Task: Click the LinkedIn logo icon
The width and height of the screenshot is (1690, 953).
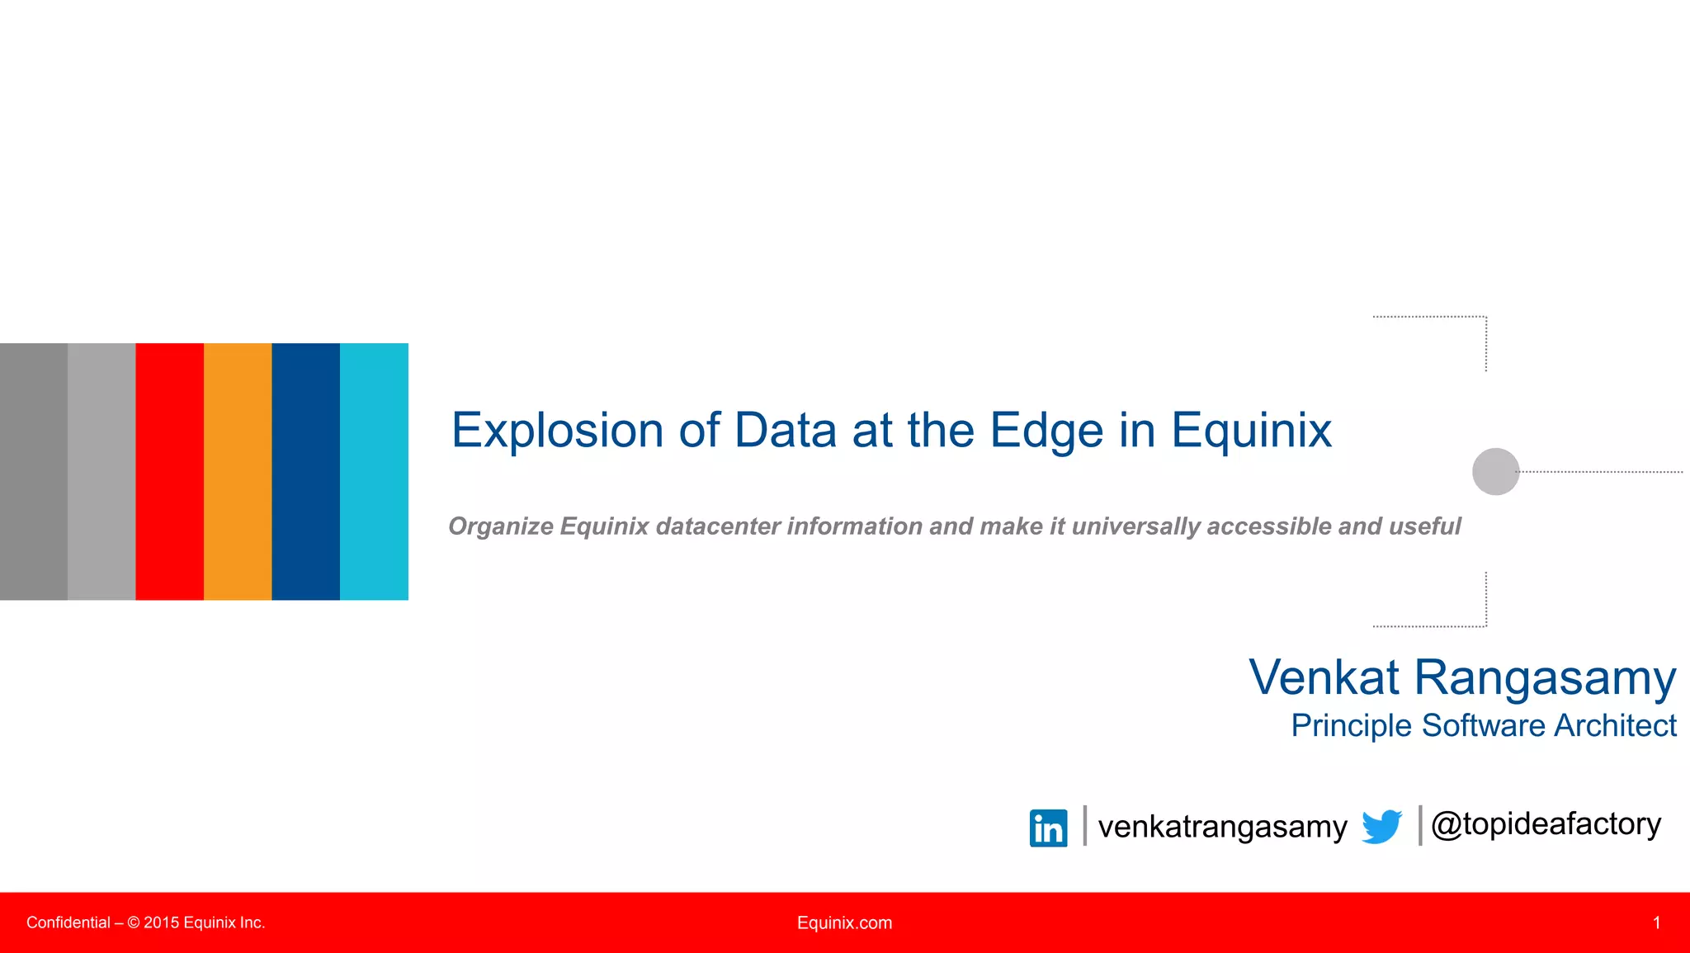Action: coord(1048,828)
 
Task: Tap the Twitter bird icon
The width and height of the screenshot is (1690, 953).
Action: coord(1381,827)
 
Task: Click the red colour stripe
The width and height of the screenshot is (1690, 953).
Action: coord(169,471)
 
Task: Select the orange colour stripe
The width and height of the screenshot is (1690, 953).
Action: coord(238,471)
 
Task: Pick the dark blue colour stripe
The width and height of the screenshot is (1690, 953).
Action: coord(305,471)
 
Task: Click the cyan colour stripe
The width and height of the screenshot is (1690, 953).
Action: coord(374,471)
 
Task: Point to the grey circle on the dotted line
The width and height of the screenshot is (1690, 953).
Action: coord(1495,471)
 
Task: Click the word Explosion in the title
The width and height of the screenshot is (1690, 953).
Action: coord(557,431)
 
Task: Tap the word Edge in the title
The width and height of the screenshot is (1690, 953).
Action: coord(1046,431)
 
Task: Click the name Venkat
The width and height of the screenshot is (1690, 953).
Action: coord(1323,677)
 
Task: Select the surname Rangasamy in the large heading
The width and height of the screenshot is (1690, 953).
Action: coord(1545,679)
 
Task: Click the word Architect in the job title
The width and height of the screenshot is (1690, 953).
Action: coord(1615,725)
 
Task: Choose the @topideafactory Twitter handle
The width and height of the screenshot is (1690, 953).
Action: coord(1546,824)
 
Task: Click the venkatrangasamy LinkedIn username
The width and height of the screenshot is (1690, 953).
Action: coord(1222,827)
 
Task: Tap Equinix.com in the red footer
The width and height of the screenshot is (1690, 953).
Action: coord(844,922)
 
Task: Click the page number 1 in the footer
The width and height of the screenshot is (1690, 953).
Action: coord(1656,922)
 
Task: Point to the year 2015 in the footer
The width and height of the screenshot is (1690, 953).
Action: coord(161,922)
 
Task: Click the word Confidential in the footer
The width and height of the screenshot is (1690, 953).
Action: coord(68,922)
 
